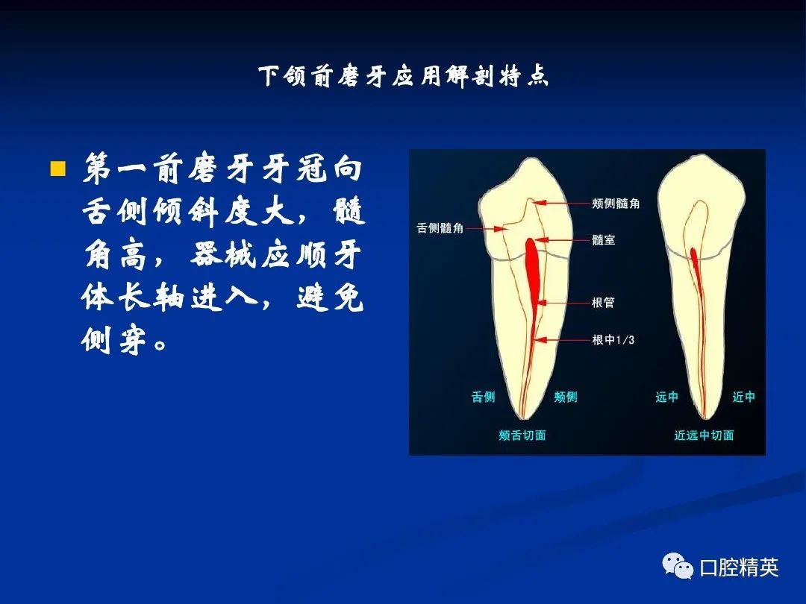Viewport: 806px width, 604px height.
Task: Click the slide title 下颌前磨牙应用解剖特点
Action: (404, 77)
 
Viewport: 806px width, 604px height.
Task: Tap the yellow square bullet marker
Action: (58, 169)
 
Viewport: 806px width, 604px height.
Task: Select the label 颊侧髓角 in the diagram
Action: (615, 204)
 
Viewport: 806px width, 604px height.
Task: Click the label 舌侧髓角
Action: (440, 227)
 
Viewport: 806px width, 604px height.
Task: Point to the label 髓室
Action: (603, 240)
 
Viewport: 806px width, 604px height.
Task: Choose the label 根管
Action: (603, 303)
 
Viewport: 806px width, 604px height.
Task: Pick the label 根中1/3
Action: (613, 339)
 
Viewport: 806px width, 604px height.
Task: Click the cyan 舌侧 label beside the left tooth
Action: (483, 397)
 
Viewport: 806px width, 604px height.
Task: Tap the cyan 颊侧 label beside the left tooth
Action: (566, 397)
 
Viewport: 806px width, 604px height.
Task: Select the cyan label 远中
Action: (666, 397)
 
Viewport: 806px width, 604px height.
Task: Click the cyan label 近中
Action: (743, 397)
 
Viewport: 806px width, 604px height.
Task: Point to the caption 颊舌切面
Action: (522, 435)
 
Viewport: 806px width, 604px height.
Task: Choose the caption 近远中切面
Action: (704, 435)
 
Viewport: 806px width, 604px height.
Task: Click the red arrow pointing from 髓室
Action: (560, 240)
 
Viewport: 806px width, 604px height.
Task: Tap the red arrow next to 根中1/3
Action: (562, 339)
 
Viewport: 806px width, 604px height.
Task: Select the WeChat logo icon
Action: (678, 566)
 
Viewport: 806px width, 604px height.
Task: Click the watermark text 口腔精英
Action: (739, 567)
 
